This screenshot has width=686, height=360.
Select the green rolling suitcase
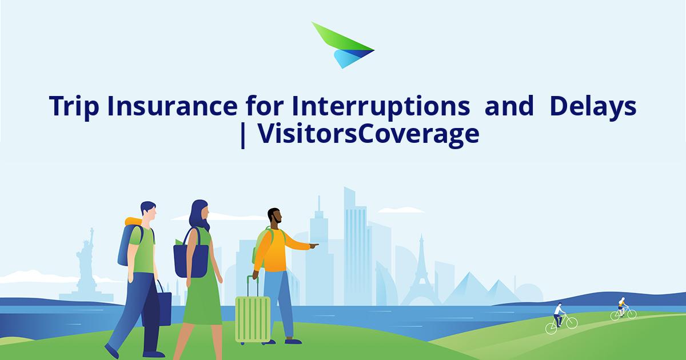(253, 318)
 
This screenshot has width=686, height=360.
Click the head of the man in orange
(274, 218)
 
